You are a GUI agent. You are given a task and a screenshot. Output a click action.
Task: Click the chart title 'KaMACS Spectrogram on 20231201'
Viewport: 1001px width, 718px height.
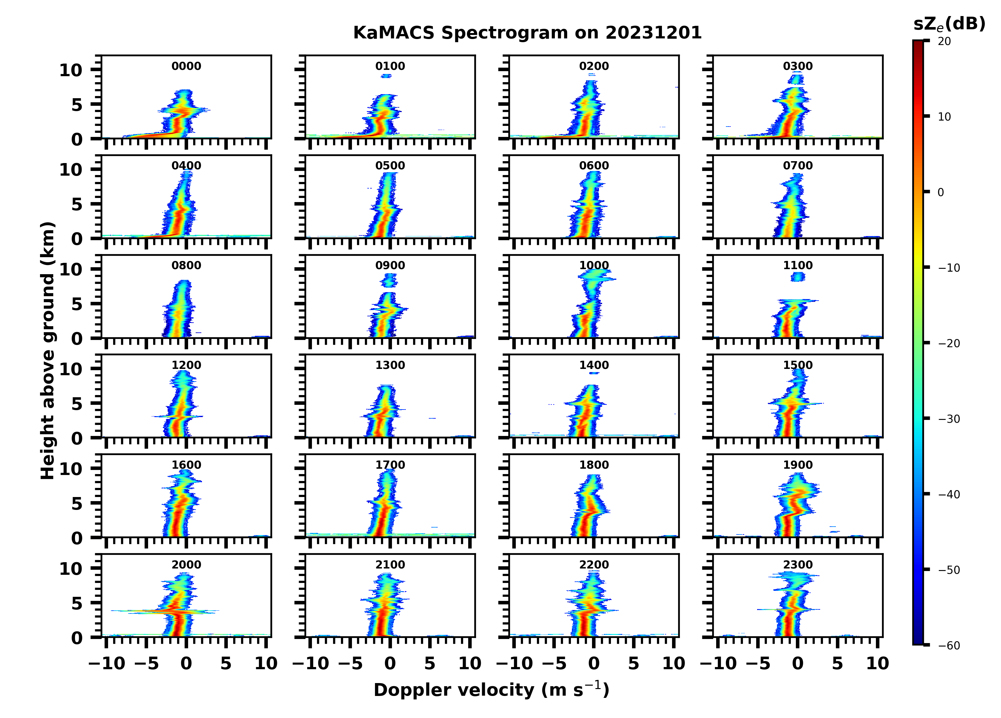(x=527, y=33)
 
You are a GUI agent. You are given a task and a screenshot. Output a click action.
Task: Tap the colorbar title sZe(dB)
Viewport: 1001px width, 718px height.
(x=949, y=24)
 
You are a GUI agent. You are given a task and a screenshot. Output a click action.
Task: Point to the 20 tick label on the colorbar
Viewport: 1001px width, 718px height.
(x=945, y=42)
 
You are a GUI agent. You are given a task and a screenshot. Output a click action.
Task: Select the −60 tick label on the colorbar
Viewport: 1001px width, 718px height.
(x=949, y=646)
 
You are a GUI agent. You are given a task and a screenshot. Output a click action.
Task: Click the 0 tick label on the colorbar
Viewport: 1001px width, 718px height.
(x=941, y=192)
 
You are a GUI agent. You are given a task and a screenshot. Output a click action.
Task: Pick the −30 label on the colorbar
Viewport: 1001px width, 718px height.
(x=949, y=419)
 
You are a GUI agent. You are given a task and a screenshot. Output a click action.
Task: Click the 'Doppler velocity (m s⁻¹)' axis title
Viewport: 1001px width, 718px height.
(x=491, y=690)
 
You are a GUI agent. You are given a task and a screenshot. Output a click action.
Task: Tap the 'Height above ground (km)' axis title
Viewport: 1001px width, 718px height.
(x=48, y=351)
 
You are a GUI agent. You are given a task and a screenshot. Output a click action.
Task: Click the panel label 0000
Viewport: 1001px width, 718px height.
(x=186, y=66)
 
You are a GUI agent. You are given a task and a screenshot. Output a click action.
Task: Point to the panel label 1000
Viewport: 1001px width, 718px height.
(x=594, y=265)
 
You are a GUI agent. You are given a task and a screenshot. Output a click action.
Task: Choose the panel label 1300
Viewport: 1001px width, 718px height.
(x=390, y=365)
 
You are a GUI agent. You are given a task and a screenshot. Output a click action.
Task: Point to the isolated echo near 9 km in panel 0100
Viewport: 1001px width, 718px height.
(x=387, y=76)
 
